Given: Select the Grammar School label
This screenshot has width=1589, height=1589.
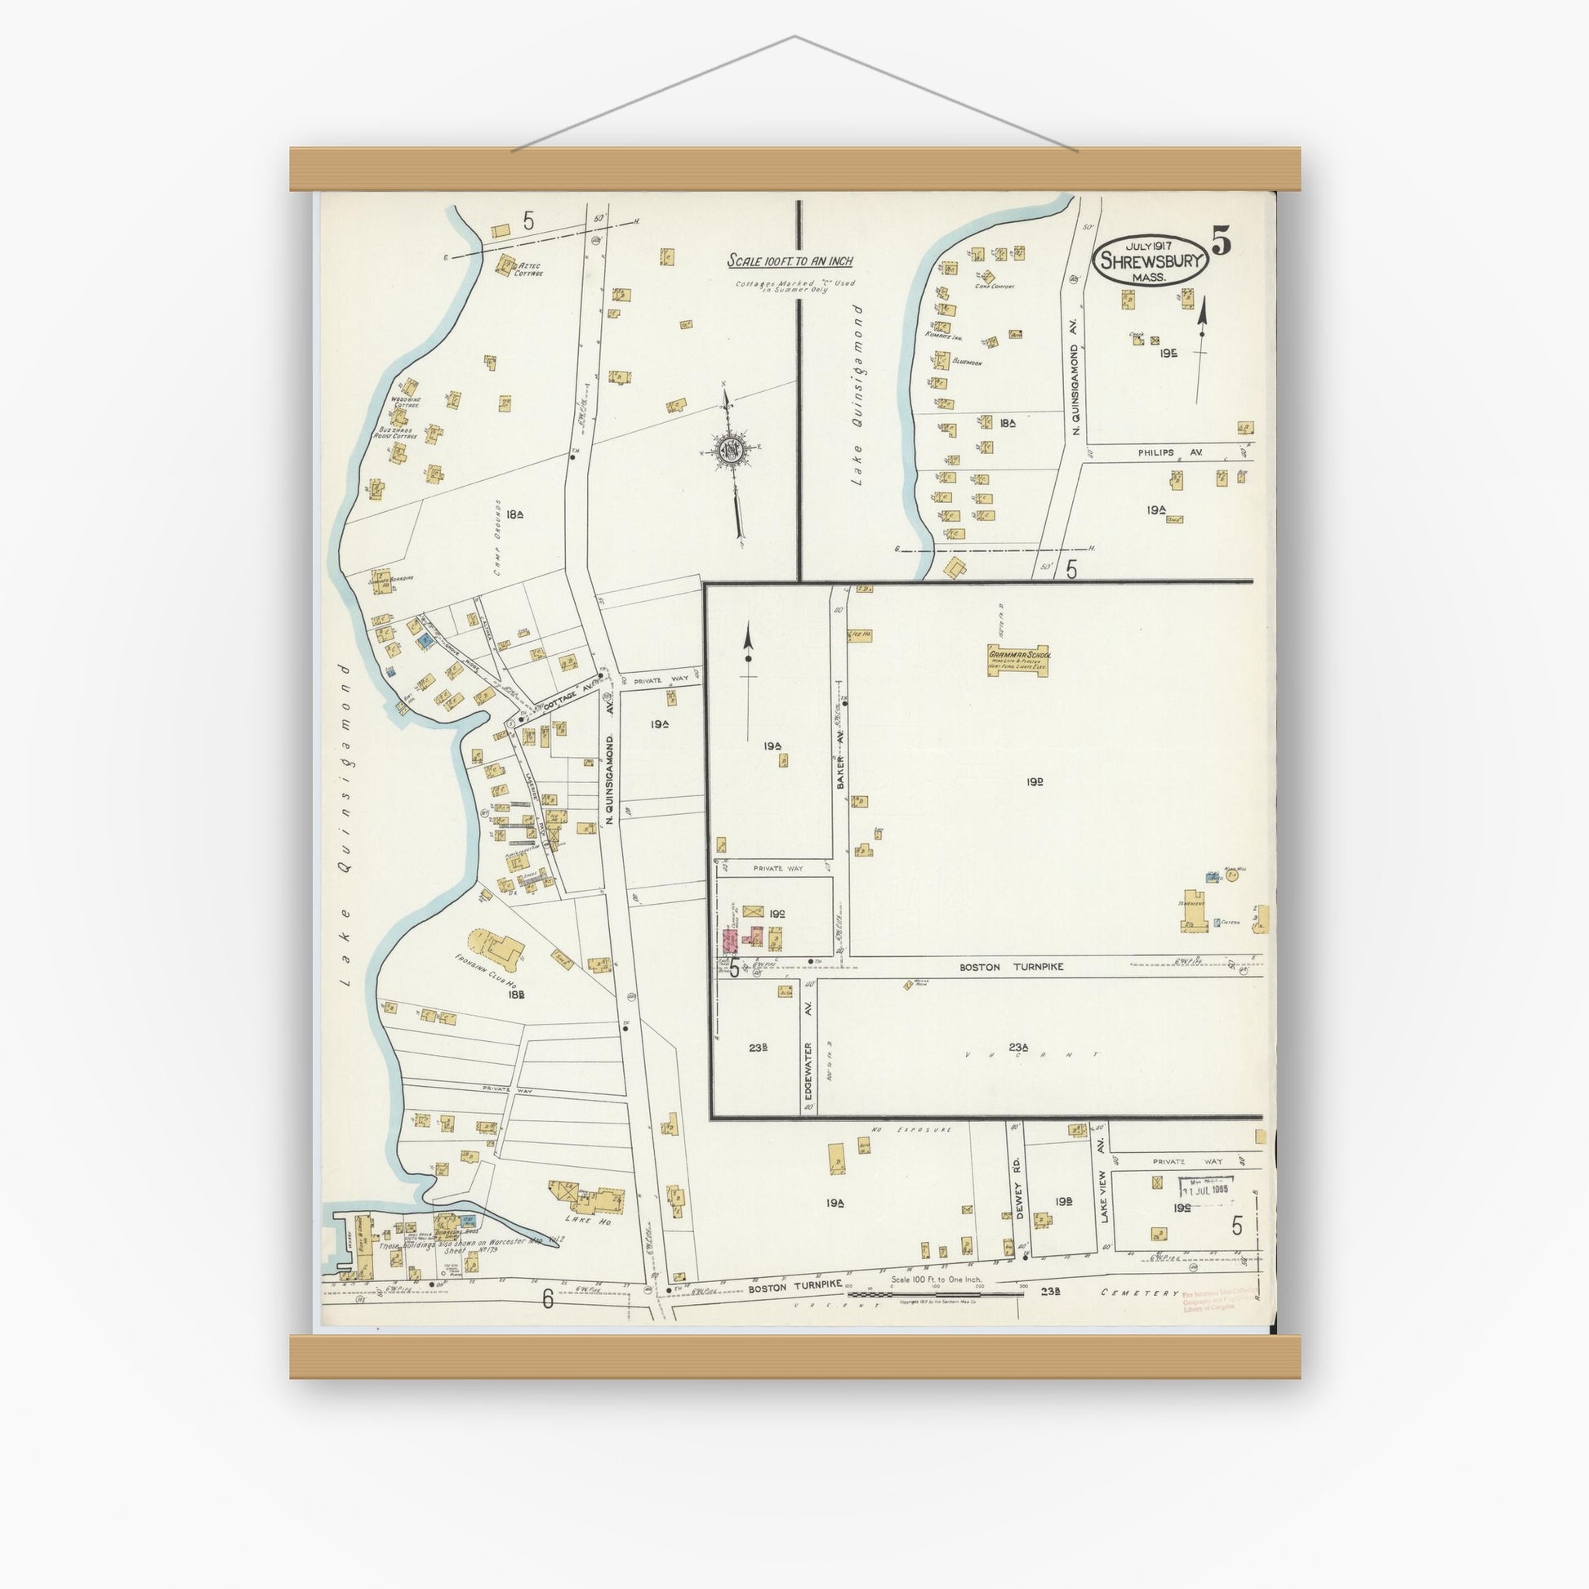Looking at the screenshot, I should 1019,654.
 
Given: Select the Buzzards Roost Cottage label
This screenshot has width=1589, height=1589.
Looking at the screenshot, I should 395,433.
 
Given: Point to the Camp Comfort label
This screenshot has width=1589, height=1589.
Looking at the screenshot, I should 995,287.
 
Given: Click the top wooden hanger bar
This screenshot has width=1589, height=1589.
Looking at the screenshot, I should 794,169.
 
